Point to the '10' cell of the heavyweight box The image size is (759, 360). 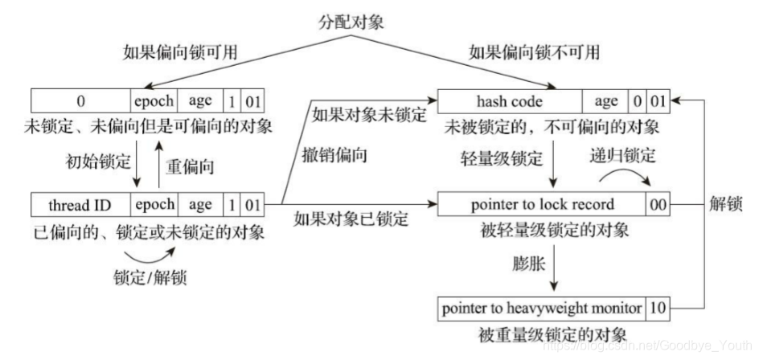click(658, 307)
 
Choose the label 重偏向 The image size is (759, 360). click(191, 166)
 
